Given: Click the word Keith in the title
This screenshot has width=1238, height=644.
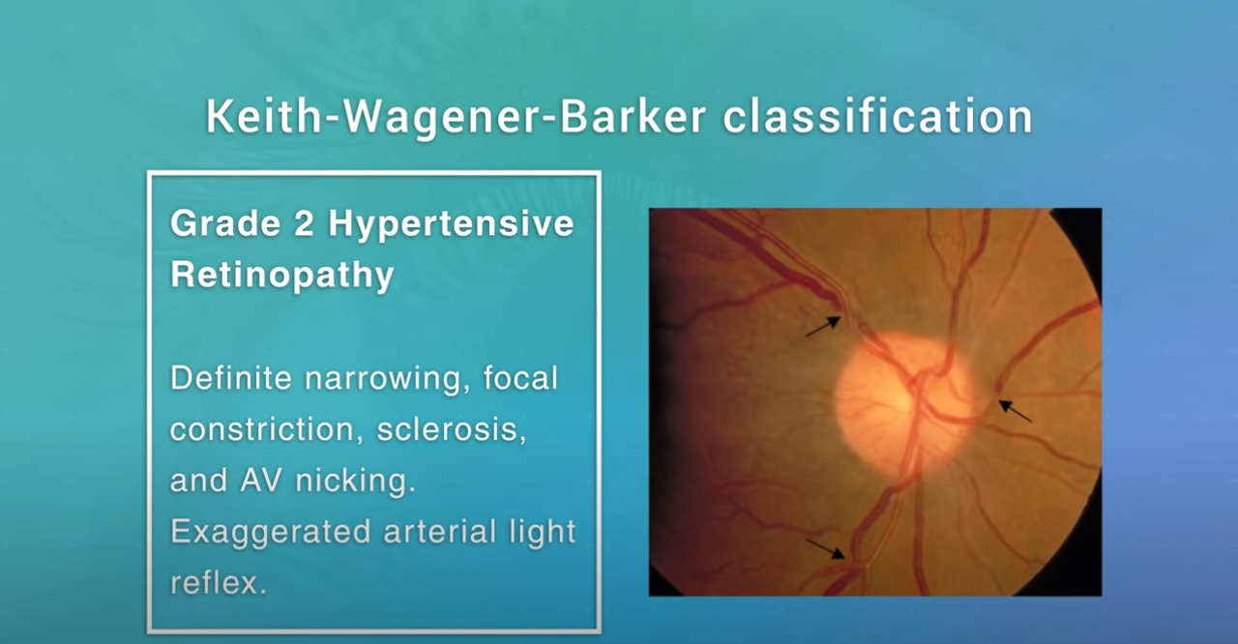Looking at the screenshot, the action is click(x=263, y=117).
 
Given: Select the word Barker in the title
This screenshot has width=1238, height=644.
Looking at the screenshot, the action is click(x=634, y=117).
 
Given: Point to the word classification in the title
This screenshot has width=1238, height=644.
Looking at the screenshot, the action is click(x=877, y=117).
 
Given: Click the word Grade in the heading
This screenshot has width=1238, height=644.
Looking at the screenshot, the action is click(x=225, y=223).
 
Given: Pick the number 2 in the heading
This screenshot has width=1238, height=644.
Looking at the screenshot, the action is click(x=304, y=223).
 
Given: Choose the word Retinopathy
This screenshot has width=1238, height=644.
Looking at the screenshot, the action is click(x=281, y=275).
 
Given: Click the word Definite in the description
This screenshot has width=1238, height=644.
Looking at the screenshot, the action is click(x=231, y=378).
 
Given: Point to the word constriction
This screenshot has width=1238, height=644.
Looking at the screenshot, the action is click(x=266, y=429).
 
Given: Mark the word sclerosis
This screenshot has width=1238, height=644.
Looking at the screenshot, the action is click(x=452, y=429).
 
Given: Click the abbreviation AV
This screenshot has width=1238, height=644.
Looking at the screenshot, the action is click(x=261, y=481).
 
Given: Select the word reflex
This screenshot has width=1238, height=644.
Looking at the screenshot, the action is click(x=219, y=583).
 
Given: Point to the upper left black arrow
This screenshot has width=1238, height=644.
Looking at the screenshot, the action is click(x=823, y=327).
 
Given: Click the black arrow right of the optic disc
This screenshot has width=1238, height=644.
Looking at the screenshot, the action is click(x=1015, y=412).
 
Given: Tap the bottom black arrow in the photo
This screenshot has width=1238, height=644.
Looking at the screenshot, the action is click(x=826, y=549).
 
